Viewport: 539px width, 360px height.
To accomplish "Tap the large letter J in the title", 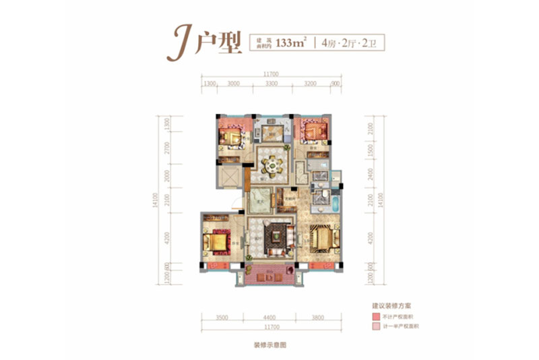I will click(181, 42).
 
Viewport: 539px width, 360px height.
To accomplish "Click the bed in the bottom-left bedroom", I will click(217, 241).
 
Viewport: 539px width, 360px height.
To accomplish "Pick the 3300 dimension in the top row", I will click(272, 84).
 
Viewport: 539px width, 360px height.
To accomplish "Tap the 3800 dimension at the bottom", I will click(317, 318).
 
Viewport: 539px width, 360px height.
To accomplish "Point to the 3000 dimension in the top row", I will click(234, 84).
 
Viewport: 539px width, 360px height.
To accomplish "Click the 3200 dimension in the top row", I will click(310, 84).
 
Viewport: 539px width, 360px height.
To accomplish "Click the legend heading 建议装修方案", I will click(383, 305).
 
